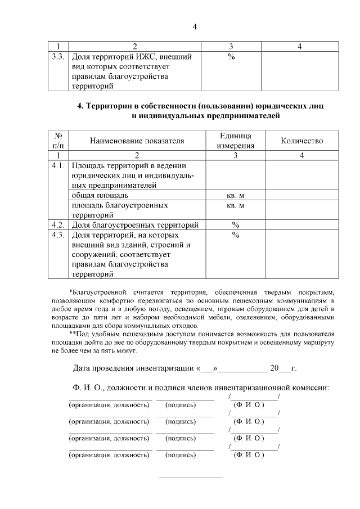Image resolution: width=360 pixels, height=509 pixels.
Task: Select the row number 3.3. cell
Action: pos(58,57)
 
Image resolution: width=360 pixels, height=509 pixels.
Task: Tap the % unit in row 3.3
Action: pos(231,57)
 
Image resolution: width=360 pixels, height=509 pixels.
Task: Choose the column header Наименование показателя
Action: pos(137,141)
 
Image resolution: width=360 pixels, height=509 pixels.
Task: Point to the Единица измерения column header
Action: pos(235,141)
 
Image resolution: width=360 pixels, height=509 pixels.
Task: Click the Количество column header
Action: pos(301,141)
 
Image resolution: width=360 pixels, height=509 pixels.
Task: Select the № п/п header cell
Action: pos(58,141)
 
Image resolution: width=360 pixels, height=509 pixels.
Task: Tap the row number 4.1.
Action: pos(58,166)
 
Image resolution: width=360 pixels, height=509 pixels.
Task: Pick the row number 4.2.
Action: pos(58,225)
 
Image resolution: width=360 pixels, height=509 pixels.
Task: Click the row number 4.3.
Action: pos(58,235)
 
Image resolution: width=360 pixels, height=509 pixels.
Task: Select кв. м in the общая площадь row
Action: pos(235,196)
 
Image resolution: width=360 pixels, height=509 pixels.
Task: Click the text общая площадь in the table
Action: pos(96,196)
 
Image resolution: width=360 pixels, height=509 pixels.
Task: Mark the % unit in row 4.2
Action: pos(235,225)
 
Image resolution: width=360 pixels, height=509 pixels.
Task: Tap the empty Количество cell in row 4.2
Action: pos(301,225)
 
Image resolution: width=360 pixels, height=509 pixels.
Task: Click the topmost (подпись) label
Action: pos(181,404)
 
